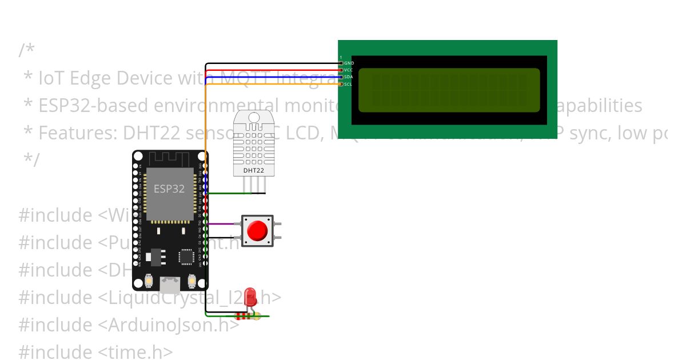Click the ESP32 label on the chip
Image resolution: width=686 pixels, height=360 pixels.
pyautogui.click(x=169, y=189)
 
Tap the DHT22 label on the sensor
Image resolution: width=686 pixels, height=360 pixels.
pyautogui.click(x=253, y=170)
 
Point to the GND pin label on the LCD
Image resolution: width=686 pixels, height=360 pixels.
pyautogui.click(x=349, y=63)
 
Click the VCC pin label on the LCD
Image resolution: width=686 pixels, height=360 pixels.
pyautogui.click(x=349, y=70)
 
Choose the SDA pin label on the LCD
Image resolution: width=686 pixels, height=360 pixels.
pyautogui.click(x=349, y=77)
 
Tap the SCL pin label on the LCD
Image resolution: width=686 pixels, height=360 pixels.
pyautogui.click(x=349, y=84)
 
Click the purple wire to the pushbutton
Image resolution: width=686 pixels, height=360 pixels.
pyautogui.click(x=223, y=223)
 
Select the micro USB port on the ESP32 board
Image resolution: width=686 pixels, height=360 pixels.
pyautogui.click(x=170, y=283)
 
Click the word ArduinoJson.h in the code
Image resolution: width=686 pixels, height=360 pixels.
pyautogui.click(x=166, y=325)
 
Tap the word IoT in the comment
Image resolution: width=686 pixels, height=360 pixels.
pyautogui.click(x=51, y=78)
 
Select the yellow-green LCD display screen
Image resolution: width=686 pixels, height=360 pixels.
pyautogui.click(x=449, y=90)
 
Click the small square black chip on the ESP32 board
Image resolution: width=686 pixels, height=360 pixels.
pyautogui.click(x=186, y=257)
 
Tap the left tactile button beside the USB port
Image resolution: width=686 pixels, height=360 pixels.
pyautogui.click(x=149, y=281)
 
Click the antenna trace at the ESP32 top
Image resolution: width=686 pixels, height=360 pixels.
pyautogui.click(x=170, y=158)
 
